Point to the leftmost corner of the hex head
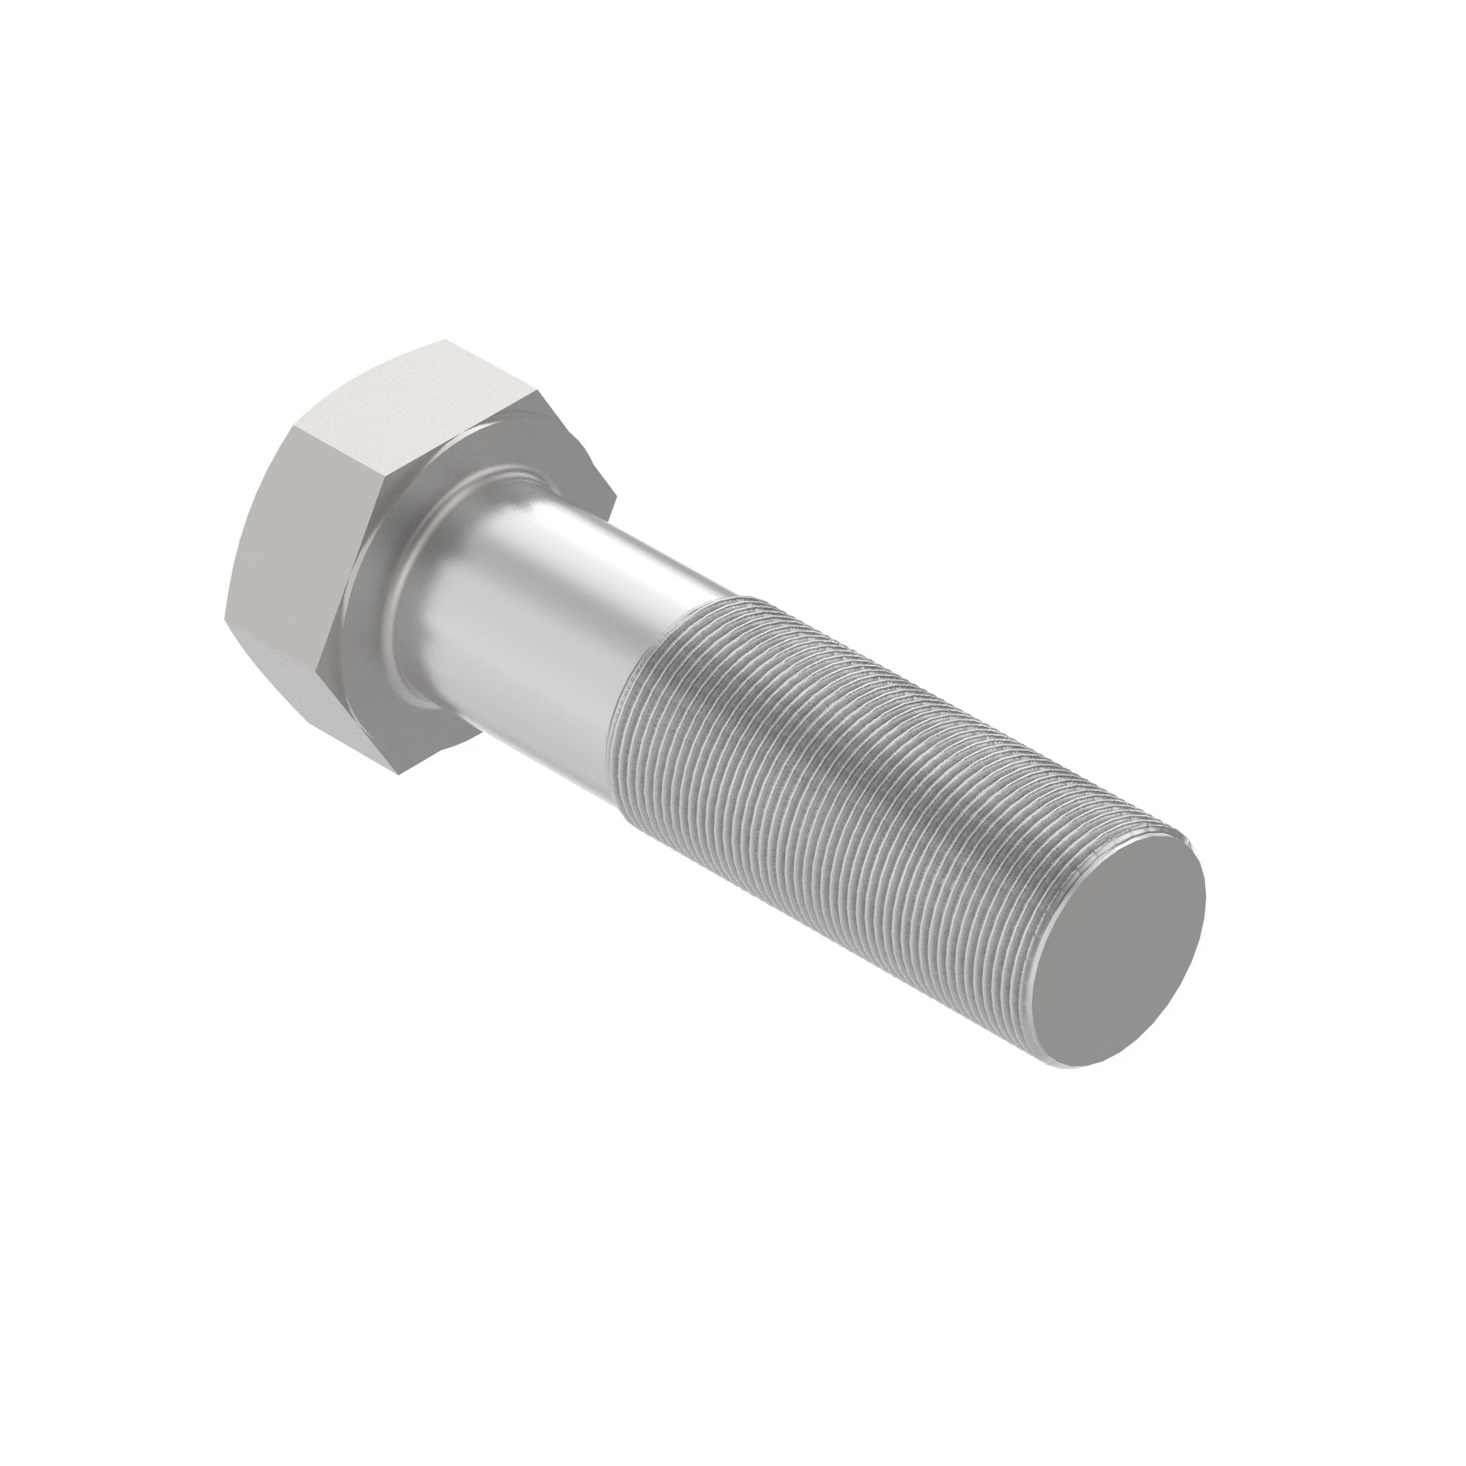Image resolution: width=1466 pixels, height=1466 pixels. coord(225,616)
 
